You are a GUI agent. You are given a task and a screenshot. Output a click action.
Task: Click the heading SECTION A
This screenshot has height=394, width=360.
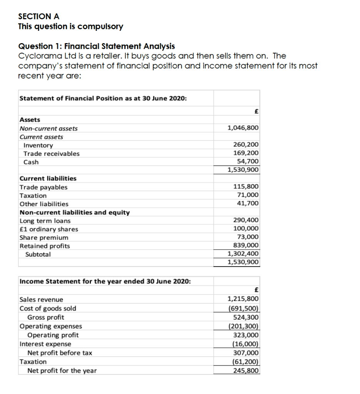[x=39, y=16]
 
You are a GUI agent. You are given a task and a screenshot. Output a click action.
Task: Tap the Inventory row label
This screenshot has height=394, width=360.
[x=38, y=145]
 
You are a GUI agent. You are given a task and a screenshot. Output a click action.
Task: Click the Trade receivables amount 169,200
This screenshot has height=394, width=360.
[x=246, y=153]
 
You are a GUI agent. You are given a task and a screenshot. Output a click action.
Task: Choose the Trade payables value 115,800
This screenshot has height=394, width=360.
[x=246, y=187]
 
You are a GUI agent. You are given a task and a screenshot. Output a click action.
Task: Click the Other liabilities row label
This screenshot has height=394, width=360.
[x=44, y=204]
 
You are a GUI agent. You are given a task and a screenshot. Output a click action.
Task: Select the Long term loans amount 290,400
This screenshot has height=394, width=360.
[x=246, y=220]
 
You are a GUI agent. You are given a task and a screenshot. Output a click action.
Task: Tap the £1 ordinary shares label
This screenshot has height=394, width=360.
[x=49, y=229]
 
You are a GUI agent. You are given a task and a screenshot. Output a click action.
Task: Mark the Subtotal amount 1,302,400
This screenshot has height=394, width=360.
[x=243, y=254]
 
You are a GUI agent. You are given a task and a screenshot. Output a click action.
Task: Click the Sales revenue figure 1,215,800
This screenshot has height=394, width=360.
[x=243, y=299]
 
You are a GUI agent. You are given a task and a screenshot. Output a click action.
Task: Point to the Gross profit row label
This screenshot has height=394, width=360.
[x=45, y=317]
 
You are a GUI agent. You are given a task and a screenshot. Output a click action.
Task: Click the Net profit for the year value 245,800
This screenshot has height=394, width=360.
[x=246, y=371]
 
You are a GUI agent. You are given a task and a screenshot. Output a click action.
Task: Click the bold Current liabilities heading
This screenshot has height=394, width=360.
[x=48, y=179]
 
